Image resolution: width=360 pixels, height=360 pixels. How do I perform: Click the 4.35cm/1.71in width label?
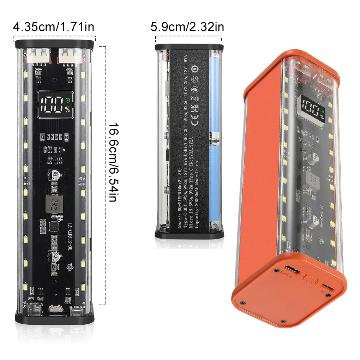tap(54, 27)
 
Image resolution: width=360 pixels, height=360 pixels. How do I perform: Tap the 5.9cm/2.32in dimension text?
tap(187, 27)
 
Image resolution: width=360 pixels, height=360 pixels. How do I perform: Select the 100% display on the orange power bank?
tap(310, 108)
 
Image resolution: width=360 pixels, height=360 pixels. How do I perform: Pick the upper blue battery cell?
tap(215, 94)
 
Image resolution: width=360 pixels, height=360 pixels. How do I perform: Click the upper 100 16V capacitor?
tap(55, 176)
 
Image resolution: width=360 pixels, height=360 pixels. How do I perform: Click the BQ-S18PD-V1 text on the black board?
tap(70, 239)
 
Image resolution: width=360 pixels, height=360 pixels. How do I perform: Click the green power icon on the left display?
tap(67, 100)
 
